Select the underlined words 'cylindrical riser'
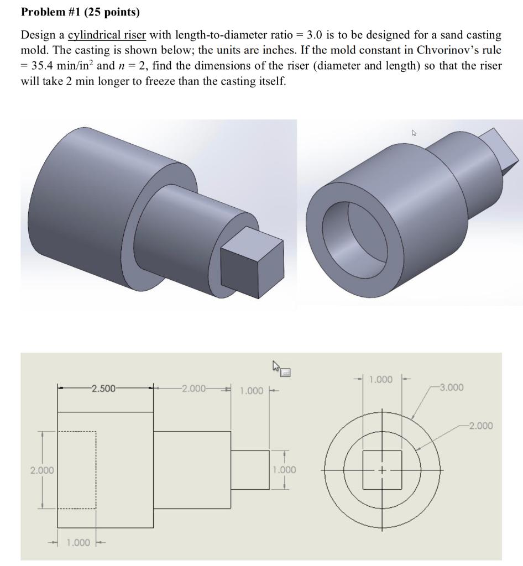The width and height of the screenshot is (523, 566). (107, 35)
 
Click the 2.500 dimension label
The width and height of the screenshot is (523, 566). (104, 388)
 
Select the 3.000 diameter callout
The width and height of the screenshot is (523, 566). (452, 387)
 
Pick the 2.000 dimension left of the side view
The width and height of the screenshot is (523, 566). (41, 470)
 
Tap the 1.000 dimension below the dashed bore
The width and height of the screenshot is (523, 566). (78, 542)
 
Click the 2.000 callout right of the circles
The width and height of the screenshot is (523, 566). (480, 426)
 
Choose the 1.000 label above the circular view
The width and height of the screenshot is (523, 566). (381, 380)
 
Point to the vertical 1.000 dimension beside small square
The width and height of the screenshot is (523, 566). (284, 470)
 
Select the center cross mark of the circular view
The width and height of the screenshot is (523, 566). (381, 470)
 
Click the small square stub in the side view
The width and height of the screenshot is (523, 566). (249, 469)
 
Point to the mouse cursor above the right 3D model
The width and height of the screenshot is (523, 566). (414, 133)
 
